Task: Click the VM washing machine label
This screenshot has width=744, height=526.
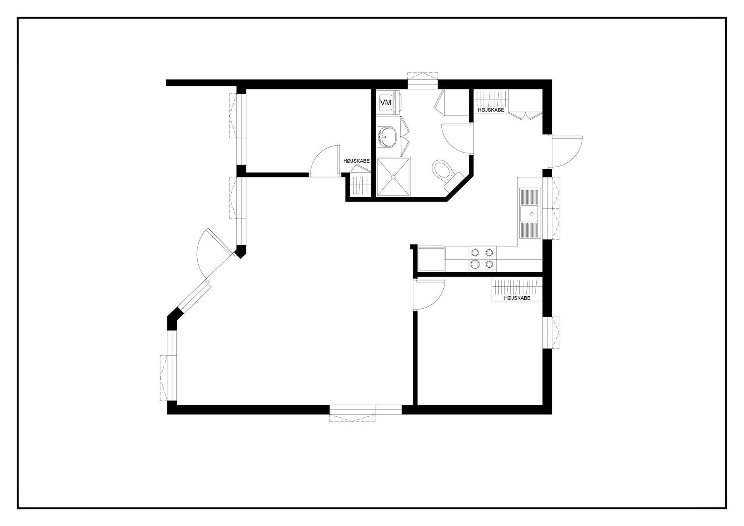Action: click(386, 103)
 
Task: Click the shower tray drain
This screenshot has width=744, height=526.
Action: click(394, 177)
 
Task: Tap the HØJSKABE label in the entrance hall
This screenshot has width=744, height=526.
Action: click(491, 110)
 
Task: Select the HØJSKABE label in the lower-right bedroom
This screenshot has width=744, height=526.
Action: click(517, 298)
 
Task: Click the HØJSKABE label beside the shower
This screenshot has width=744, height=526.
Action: click(356, 161)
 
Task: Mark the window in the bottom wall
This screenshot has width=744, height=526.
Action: click(365, 413)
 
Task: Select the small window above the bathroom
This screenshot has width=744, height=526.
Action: click(422, 80)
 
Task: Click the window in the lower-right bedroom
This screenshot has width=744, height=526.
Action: click(551, 333)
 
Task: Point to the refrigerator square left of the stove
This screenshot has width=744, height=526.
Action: click(431, 258)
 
